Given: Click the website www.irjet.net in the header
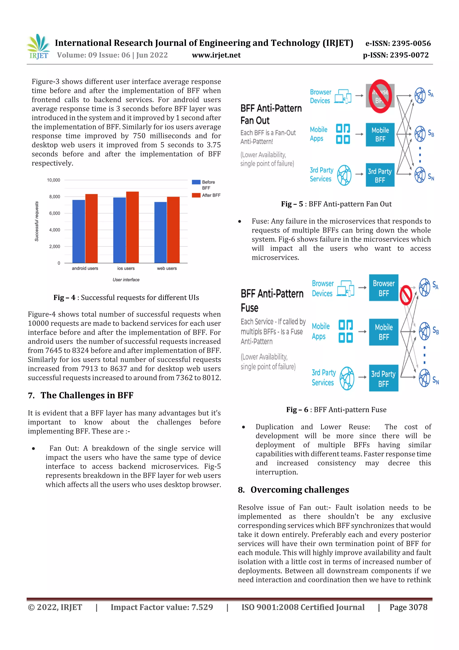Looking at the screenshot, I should [x=216, y=55].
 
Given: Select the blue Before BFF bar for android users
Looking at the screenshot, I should [x=79, y=231].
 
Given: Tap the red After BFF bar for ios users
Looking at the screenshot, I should [x=132, y=227].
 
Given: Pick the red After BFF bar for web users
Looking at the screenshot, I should [x=173, y=230].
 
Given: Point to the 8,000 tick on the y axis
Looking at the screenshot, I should [x=55, y=197].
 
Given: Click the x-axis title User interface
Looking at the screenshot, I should [x=126, y=280].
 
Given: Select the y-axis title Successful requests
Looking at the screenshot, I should [x=37, y=221].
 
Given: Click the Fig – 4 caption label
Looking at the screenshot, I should [x=65, y=298].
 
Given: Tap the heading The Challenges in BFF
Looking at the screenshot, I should [x=87, y=395].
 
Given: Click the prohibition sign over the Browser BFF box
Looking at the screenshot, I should [x=380, y=96].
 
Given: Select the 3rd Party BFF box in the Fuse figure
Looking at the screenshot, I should [x=383, y=379].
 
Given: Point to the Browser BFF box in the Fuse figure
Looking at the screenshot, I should [x=383, y=288].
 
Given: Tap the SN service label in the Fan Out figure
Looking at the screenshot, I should [x=431, y=177].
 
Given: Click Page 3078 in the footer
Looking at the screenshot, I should [x=408, y=607].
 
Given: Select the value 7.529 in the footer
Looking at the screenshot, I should [x=202, y=607].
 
